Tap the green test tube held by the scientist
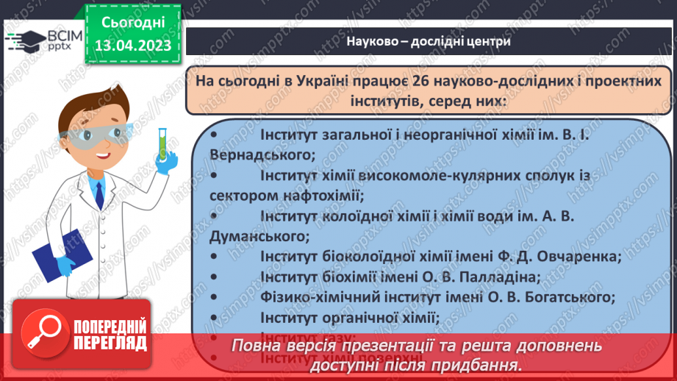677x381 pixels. click(x=162, y=144)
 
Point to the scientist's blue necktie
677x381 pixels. click(x=99, y=195)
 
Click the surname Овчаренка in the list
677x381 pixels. click(x=573, y=257)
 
